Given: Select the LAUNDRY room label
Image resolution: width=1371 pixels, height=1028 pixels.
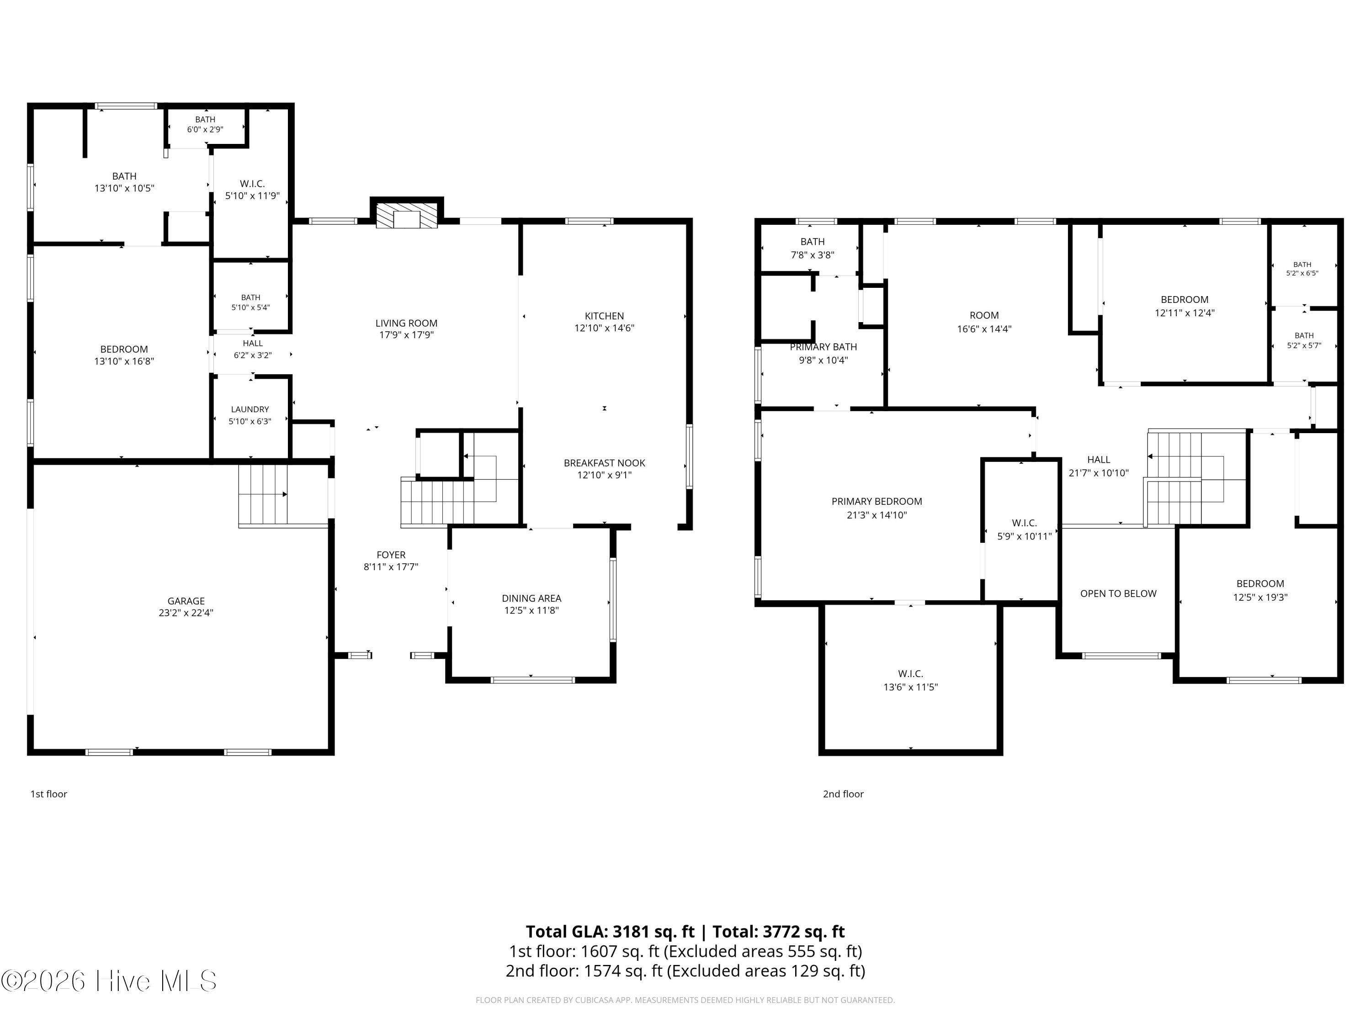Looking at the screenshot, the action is point(250,409).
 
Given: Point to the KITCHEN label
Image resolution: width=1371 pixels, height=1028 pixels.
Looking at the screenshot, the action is point(604,316).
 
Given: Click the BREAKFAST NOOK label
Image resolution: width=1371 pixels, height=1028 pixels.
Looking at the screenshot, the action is point(604,463).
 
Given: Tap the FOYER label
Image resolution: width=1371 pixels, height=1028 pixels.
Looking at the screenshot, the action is point(391,555).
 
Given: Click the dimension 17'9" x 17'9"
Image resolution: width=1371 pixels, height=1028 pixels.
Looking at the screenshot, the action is point(407,334).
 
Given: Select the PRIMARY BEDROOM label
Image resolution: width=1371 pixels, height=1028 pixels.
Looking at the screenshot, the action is point(877,501).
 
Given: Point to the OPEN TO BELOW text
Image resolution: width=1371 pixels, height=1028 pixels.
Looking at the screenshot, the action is point(1118,593).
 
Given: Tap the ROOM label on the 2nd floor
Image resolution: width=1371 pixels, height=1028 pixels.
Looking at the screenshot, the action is point(984,315).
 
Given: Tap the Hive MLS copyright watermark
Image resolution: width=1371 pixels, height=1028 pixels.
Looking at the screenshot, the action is point(109,980).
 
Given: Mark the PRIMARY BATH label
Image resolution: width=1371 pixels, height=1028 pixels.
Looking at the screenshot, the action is point(823,347).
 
